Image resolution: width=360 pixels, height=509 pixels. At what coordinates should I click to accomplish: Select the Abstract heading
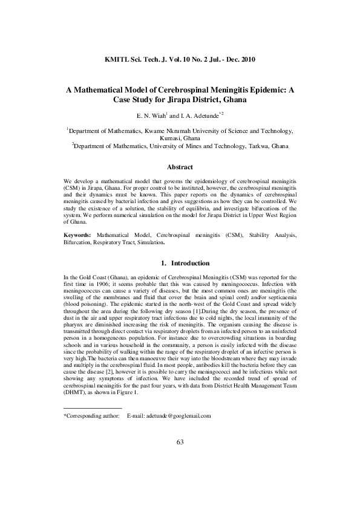click(x=180, y=167)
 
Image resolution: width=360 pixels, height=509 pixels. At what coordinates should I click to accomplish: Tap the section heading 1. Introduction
click(x=180, y=264)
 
